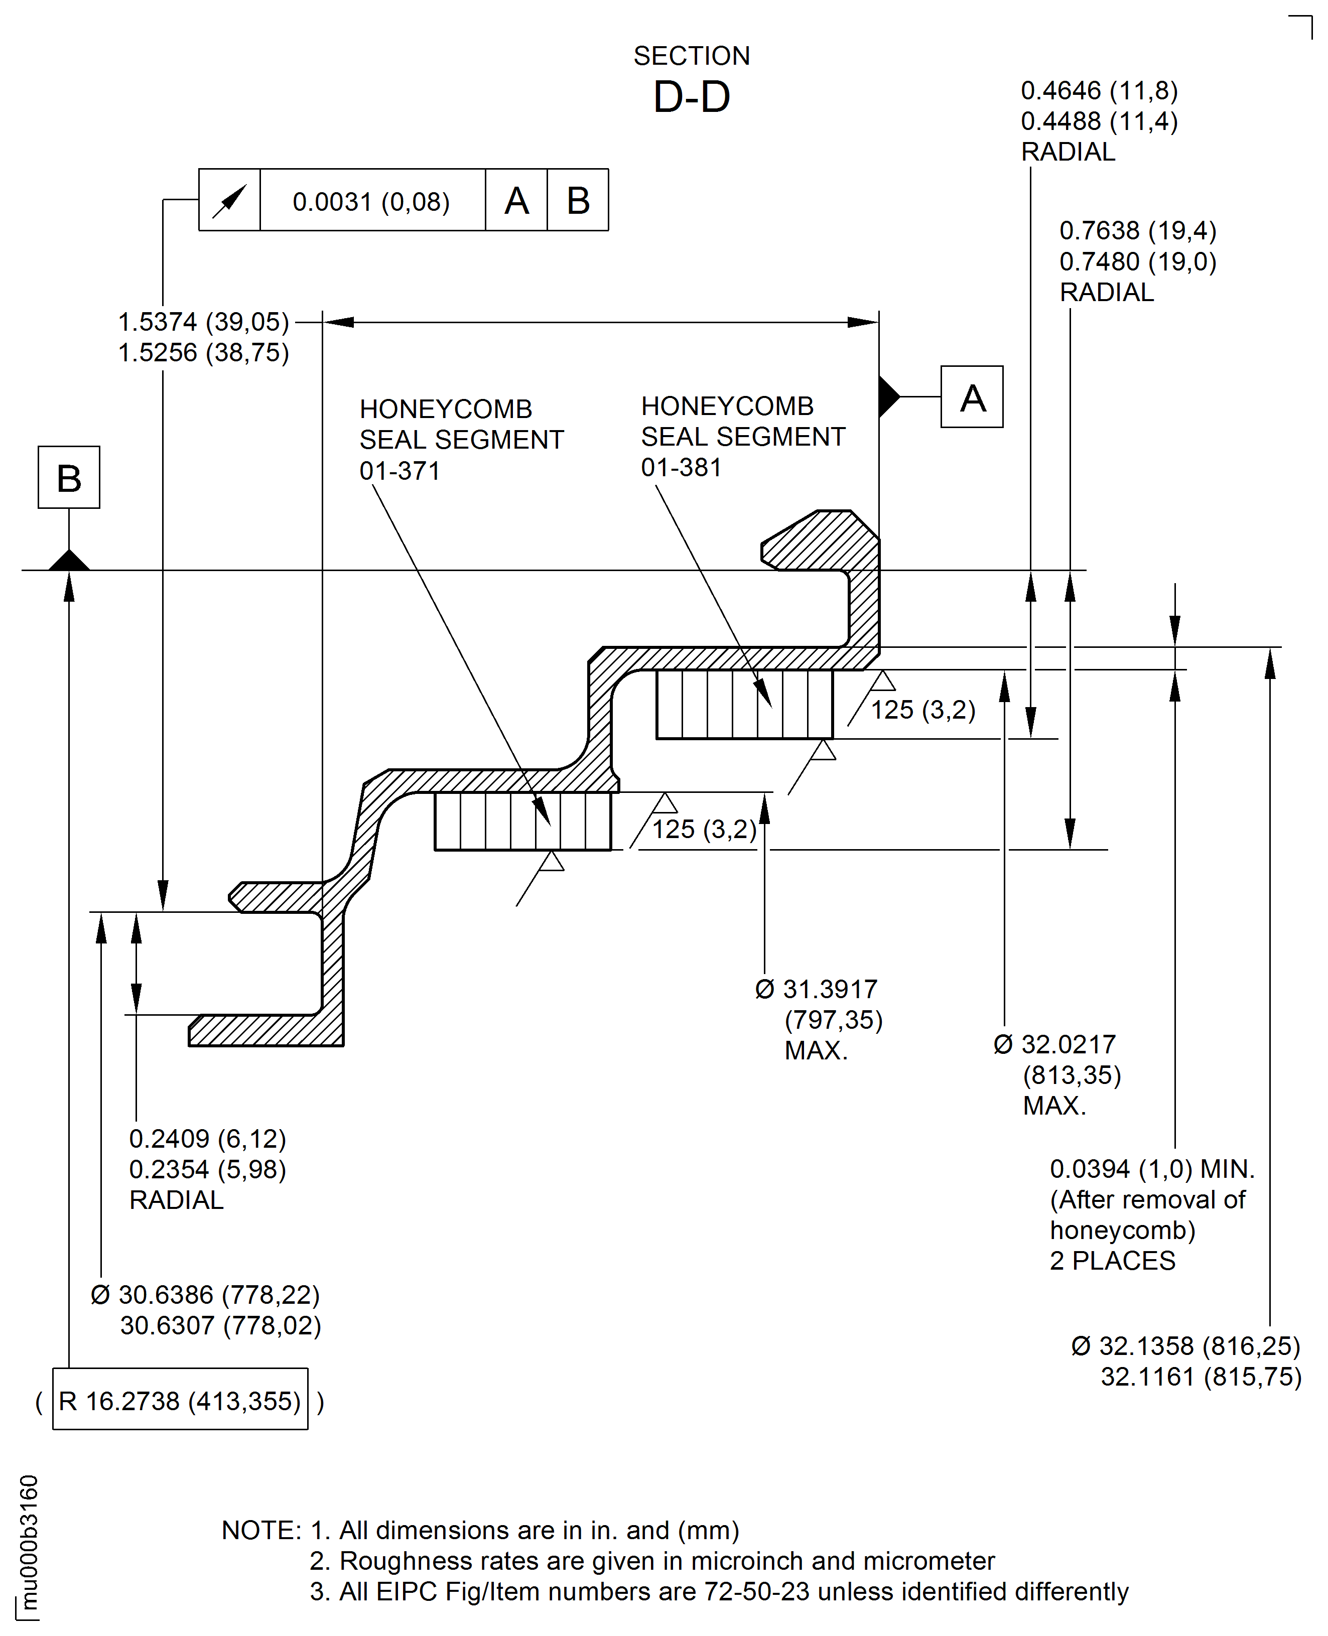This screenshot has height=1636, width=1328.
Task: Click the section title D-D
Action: pos(692,97)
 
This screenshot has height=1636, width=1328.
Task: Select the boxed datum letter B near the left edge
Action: pos(69,477)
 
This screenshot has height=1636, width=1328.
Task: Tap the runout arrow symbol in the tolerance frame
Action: pos(229,200)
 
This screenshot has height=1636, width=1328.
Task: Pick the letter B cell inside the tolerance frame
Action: pos(578,200)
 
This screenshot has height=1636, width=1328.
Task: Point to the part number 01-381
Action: pos(681,467)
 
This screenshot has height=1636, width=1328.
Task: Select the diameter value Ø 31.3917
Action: pos(816,989)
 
